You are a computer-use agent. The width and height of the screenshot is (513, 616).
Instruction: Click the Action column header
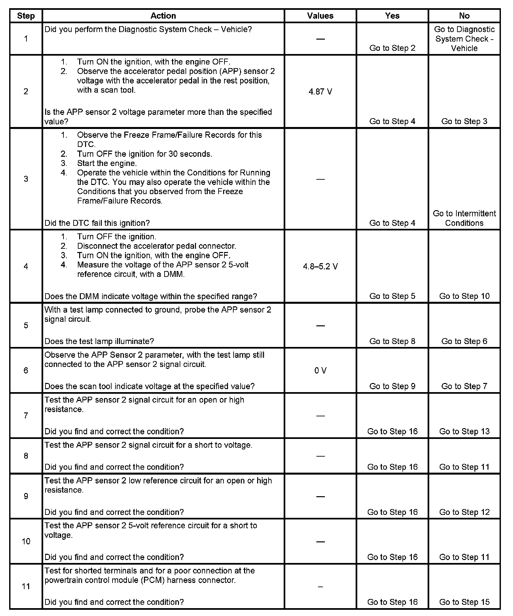pyautogui.click(x=163, y=16)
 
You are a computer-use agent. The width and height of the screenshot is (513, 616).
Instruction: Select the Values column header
pyautogui.click(x=320, y=16)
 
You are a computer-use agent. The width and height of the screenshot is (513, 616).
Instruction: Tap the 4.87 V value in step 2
pyautogui.click(x=320, y=92)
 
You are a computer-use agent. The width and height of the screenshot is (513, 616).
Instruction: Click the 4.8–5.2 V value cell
pyautogui.click(x=320, y=266)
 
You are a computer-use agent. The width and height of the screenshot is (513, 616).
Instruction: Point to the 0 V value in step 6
pyautogui.click(x=320, y=371)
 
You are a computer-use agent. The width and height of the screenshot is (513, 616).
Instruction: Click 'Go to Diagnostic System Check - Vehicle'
pyautogui.click(x=464, y=39)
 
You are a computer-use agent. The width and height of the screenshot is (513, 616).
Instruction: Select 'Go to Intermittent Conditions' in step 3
pyautogui.click(x=464, y=218)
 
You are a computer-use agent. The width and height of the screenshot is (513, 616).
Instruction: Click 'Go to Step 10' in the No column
pyautogui.click(x=464, y=296)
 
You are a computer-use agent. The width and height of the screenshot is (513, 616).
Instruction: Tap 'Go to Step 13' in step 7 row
pyautogui.click(x=464, y=431)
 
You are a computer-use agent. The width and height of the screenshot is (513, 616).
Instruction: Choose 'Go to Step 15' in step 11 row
pyautogui.click(x=464, y=602)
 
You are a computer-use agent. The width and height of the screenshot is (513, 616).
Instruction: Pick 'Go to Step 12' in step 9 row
pyautogui.click(x=464, y=512)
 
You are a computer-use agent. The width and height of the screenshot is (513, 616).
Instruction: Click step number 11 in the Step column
pyautogui.click(x=26, y=586)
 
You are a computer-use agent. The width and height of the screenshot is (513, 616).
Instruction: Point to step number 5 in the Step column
pyautogui.click(x=26, y=325)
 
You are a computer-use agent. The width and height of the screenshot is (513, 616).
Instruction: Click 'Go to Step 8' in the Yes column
pyautogui.click(x=392, y=341)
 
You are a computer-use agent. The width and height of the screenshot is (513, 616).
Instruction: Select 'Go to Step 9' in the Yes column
pyautogui.click(x=392, y=386)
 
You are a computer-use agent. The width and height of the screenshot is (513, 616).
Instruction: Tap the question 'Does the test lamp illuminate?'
pyautogui.click(x=99, y=341)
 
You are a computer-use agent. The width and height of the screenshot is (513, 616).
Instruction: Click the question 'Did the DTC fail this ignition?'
pyautogui.click(x=97, y=223)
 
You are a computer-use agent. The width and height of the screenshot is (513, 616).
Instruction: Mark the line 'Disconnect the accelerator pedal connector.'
pyautogui.click(x=156, y=246)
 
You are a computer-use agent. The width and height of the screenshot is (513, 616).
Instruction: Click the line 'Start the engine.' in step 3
pyautogui.click(x=107, y=163)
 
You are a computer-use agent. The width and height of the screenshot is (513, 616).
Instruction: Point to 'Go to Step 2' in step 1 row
pyautogui.click(x=392, y=48)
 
